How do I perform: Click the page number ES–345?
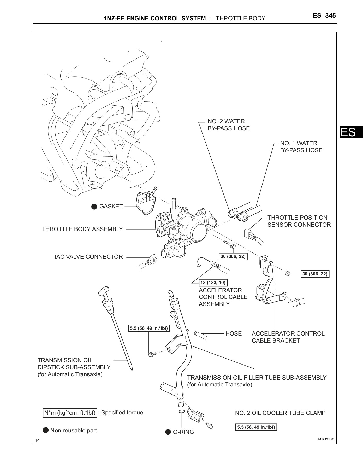pyautogui.click(x=324, y=16)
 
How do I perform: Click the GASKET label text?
pyautogui.click(x=111, y=207)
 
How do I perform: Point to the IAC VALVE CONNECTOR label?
pyautogui.click(x=89, y=257)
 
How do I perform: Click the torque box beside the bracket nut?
pyautogui.click(x=315, y=274)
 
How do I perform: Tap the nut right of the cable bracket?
pyautogui.click(x=288, y=273)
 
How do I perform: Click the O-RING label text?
pyautogui.click(x=183, y=432)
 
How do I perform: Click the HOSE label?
pyautogui.click(x=234, y=334)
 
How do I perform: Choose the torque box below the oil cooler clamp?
pyautogui.click(x=256, y=427)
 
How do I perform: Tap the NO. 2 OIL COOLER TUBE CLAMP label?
pyautogui.click(x=280, y=413)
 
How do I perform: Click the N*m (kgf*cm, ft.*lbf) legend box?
pyautogui.click(x=70, y=413)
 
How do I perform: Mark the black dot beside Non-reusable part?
pyautogui.click(x=46, y=430)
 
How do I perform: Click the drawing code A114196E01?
pyautogui.click(x=326, y=439)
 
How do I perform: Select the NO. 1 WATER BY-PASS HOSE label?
pyautogui.click(x=301, y=147)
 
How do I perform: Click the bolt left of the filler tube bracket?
pyautogui.click(x=151, y=354)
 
